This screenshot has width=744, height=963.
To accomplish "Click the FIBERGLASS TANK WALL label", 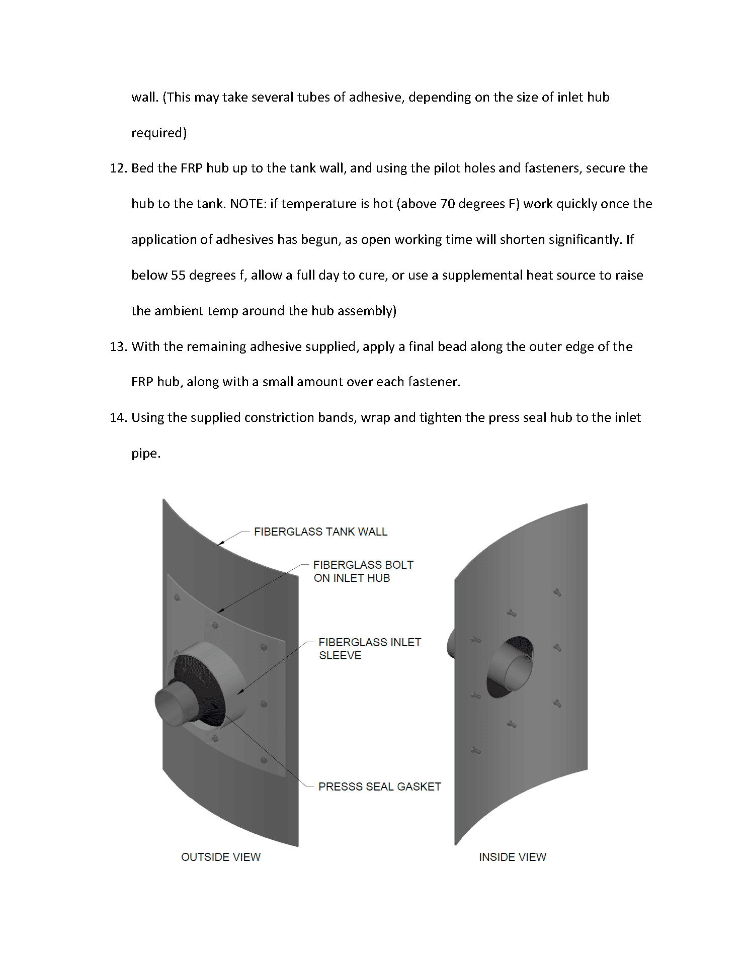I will pyautogui.click(x=320, y=532).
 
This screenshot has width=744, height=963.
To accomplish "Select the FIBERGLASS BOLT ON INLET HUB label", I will pyautogui.click(x=363, y=571).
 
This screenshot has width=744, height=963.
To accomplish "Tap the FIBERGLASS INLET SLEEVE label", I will pyautogui.click(x=369, y=649).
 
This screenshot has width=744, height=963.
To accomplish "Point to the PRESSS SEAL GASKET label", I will pyautogui.click(x=379, y=786).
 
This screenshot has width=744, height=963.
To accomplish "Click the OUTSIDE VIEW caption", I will pyautogui.click(x=221, y=857).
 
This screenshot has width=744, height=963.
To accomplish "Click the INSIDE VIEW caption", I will pyautogui.click(x=512, y=857).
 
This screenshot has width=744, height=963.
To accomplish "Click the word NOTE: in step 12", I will pyautogui.click(x=247, y=204).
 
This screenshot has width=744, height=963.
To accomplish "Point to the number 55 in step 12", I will pyautogui.click(x=178, y=276).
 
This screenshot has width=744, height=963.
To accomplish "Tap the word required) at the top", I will pyautogui.click(x=159, y=133).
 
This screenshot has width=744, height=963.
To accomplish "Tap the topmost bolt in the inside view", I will pyautogui.click(x=557, y=592).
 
